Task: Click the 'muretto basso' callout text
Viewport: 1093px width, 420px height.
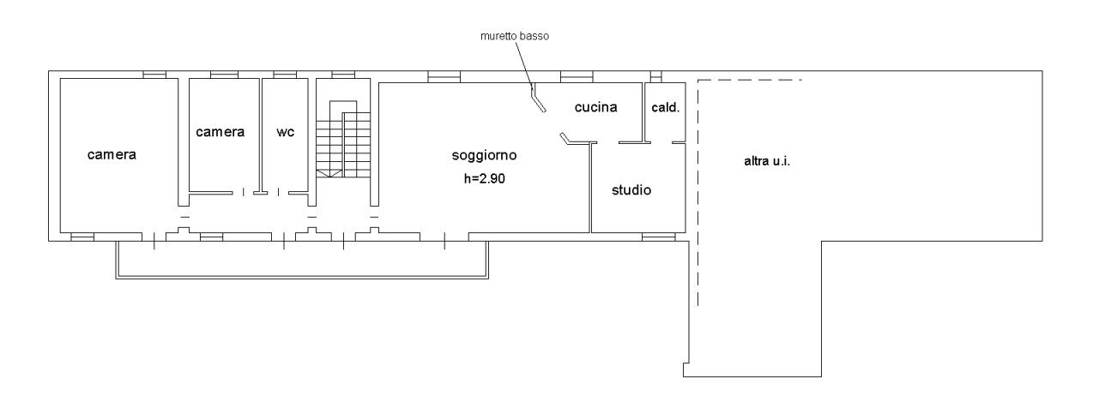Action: pos(514,37)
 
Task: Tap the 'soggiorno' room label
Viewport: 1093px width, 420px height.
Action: pos(484,155)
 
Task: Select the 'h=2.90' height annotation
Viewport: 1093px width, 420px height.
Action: pos(484,178)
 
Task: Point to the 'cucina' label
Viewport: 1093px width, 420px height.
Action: pos(595,107)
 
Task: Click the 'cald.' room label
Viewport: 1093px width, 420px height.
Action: pos(666,107)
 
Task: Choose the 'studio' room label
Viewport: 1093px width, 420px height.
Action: pos(631,189)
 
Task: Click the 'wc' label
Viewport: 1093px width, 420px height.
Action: pos(286,132)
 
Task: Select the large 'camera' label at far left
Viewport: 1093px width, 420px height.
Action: pos(112,155)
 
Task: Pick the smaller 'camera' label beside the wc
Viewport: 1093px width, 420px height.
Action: pos(220,132)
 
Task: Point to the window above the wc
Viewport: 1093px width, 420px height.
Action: pos(284,75)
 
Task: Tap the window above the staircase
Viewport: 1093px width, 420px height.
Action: pos(343,75)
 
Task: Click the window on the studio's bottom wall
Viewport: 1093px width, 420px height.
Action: pos(658,236)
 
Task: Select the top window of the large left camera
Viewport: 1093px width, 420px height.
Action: pos(154,75)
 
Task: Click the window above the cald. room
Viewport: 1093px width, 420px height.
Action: pos(656,75)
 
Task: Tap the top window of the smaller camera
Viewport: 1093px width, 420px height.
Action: pos(224,75)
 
